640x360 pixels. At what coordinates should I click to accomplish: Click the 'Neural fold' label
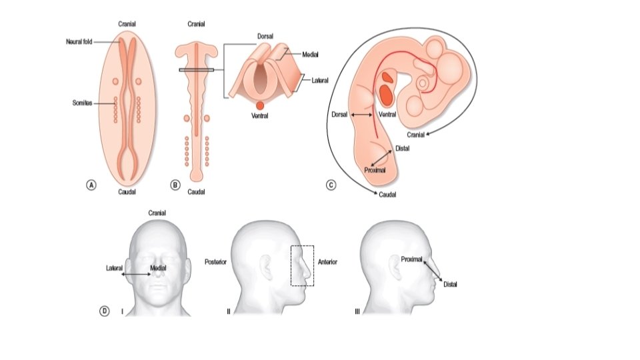(x=79, y=41)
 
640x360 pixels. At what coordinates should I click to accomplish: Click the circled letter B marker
(x=175, y=185)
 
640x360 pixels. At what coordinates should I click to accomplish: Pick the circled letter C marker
(x=331, y=185)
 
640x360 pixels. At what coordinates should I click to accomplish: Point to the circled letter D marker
(x=105, y=311)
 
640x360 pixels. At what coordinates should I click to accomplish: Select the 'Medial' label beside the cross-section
(x=310, y=55)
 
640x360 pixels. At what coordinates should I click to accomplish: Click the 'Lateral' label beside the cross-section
(x=320, y=81)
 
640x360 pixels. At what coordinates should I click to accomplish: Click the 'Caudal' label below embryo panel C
(x=388, y=195)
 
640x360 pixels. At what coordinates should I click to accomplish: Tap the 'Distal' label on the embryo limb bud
(x=402, y=148)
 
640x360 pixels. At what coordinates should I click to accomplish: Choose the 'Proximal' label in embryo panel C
(x=376, y=171)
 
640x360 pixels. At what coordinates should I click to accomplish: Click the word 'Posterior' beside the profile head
(x=215, y=263)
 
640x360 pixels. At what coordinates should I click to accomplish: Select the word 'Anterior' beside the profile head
(x=327, y=263)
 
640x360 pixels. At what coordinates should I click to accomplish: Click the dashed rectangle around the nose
(x=302, y=265)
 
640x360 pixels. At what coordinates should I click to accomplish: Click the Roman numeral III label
(x=357, y=311)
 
